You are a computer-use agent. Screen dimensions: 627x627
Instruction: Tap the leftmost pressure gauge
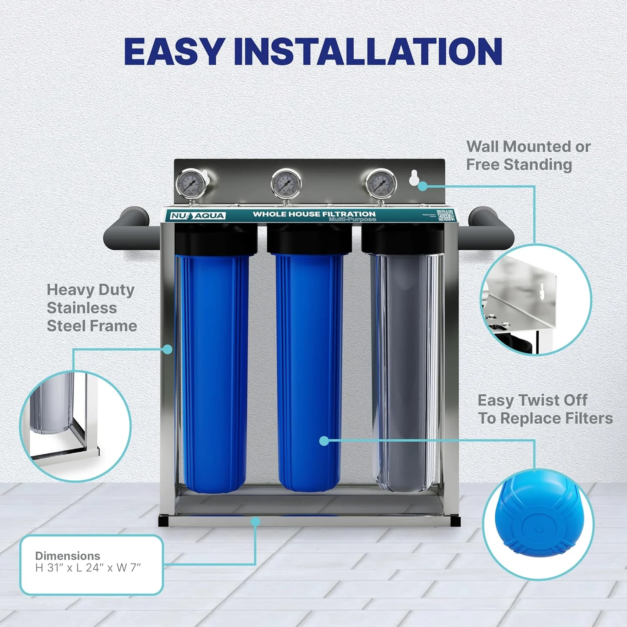click(x=191, y=184)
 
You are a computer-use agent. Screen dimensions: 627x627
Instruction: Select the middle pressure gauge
click(x=286, y=184)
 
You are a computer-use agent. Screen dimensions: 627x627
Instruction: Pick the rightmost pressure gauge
click(x=381, y=184)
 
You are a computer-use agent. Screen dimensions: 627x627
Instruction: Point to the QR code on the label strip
click(x=445, y=215)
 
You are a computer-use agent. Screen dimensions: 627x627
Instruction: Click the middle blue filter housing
click(x=309, y=372)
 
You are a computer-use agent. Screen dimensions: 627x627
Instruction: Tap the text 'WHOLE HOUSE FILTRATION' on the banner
click(x=314, y=214)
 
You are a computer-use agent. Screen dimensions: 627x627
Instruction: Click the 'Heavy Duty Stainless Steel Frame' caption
click(x=92, y=308)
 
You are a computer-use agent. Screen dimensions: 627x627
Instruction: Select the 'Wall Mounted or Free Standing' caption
click(x=528, y=155)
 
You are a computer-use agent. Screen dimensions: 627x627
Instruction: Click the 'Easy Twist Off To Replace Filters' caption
click(x=545, y=409)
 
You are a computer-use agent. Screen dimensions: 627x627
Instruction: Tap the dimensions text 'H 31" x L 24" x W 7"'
click(x=88, y=568)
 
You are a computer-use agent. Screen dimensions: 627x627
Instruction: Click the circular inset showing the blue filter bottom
click(x=538, y=524)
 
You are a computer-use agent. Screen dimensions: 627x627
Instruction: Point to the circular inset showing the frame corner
click(x=75, y=426)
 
